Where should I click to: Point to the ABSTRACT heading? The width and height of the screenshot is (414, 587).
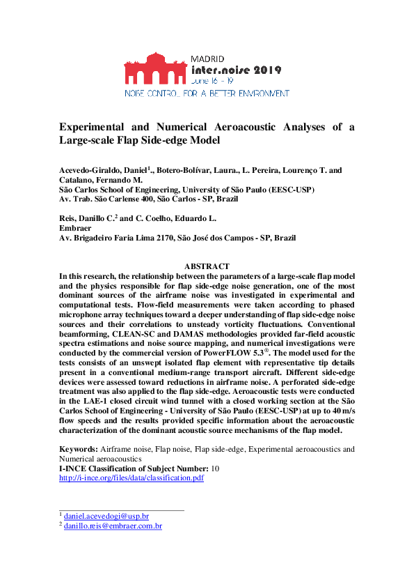click(x=207, y=266)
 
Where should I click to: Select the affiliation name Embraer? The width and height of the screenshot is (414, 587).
click(x=74, y=228)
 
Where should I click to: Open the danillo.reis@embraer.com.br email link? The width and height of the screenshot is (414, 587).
click(x=113, y=526)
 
